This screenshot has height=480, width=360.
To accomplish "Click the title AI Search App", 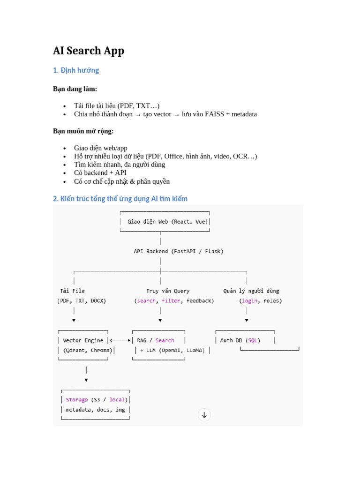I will pyautogui.click(x=89, y=51).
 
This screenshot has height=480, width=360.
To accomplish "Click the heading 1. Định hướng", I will pyautogui.click(x=76, y=70).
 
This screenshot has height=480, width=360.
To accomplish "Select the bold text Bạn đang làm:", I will pyautogui.click(x=75, y=89).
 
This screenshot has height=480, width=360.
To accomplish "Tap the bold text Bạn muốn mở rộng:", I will pyautogui.click(x=83, y=131).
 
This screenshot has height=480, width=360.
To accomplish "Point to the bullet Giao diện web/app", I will pyautogui.click(x=100, y=148).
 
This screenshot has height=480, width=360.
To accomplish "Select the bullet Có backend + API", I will pyautogui.click(x=100, y=173).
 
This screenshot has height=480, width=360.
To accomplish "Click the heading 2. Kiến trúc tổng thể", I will pyautogui.click(x=120, y=199).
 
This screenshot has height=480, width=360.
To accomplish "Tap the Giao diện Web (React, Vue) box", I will pyautogui.click(x=165, y=222).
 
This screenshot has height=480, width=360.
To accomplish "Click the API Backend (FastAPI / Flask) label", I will pyautogui.click(x=179, y=251).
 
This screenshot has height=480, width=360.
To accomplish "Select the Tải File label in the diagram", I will pyautogui.click(x=73, y=291).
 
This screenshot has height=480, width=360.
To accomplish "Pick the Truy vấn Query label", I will pyautogui.click(x=168, y=291).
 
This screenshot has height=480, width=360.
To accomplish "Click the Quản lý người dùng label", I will pyautogui.click(x=251, y=291).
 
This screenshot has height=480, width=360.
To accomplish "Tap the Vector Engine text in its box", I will pyautogui.click(x=83, y=340).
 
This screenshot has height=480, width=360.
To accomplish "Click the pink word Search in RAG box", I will pyautogui.click(x=165, y=340).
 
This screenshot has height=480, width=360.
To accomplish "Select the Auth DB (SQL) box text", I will pyautogui.click(x=240, y=340).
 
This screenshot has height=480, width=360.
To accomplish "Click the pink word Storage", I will pyautogui.click(x=77, y=400).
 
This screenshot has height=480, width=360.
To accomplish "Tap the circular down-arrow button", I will pyautogui.click(x=204, y=414).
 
